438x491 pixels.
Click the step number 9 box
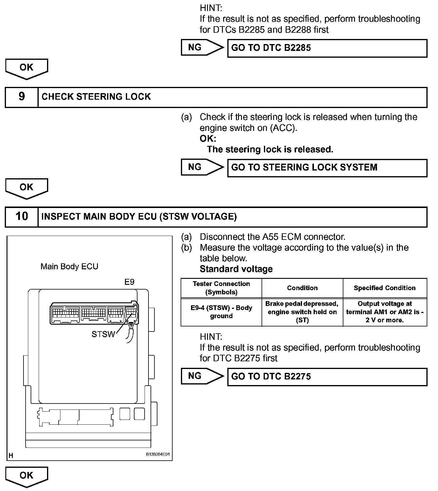(22, 97)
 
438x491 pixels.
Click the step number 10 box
(22, 217)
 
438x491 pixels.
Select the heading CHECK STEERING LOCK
(96, 97)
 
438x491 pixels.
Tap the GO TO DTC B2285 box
(327, 48)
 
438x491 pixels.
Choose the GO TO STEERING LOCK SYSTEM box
(327, 168)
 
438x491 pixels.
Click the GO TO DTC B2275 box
(327, 377)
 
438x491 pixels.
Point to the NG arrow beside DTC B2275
(202, 376)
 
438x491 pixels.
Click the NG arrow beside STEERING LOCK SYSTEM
(202, 167)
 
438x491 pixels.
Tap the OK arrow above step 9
(26, 68)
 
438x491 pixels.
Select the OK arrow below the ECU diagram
(26, 476)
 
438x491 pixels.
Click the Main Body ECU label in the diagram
(69, 266)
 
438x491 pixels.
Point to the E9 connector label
(129, 282)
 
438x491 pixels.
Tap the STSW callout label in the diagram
(103, 334)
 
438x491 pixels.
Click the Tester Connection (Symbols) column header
(221, 288)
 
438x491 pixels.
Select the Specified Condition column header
(384, 288)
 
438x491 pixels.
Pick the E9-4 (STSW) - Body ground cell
(221, 312)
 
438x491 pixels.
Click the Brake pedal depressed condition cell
(302, 312)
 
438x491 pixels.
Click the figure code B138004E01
(158, 454)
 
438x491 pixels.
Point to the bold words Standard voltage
(236, 269)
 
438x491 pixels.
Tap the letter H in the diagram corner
(11, 456)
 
